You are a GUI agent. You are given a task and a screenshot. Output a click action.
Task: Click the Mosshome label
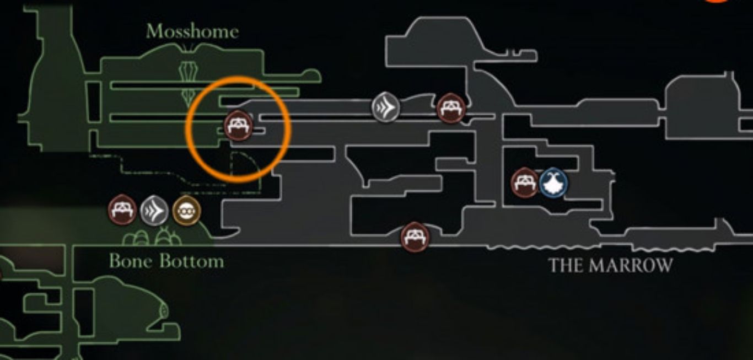point(192,31)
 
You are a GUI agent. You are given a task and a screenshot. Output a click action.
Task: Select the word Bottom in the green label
point(192,261)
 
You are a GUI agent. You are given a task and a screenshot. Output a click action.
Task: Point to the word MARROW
point(631,265)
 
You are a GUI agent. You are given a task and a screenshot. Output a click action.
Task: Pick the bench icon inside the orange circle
point(238,125)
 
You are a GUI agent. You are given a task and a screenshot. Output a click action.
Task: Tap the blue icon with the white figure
point(553,183)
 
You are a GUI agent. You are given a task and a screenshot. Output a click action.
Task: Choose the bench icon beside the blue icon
point(524,182)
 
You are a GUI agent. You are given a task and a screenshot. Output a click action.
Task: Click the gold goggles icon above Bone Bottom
point(186,211)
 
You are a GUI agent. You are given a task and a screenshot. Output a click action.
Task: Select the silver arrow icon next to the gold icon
point(154,211)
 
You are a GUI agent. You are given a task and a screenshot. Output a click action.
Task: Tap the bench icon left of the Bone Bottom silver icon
point(122,210)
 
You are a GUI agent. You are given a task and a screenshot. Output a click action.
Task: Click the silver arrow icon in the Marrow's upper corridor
point(385,107)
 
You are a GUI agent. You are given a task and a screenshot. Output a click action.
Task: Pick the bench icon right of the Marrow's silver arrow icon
point(451,108)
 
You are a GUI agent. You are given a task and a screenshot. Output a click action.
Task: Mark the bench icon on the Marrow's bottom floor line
point(415,237)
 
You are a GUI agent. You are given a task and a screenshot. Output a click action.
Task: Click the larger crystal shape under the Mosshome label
point(189,71)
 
